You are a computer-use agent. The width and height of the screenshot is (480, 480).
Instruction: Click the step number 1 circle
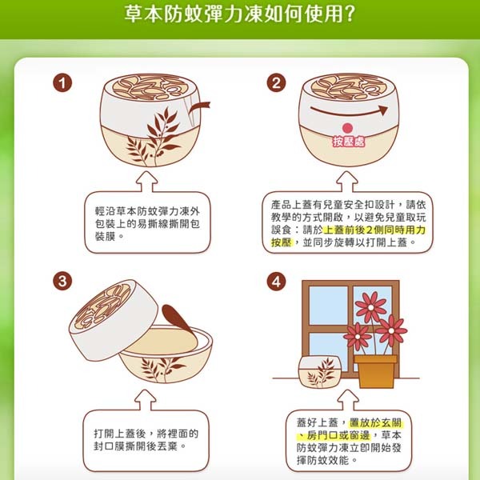click(x=62, y=82)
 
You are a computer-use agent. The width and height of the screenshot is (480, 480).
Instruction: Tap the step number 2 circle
click(x=277, y=82)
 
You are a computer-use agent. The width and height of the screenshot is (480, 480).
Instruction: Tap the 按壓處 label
click(x=347, y=142)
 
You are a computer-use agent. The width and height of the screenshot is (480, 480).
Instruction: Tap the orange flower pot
click(x=375, y=370)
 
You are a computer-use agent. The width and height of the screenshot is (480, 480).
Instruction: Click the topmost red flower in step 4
click(x=370, y=306)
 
